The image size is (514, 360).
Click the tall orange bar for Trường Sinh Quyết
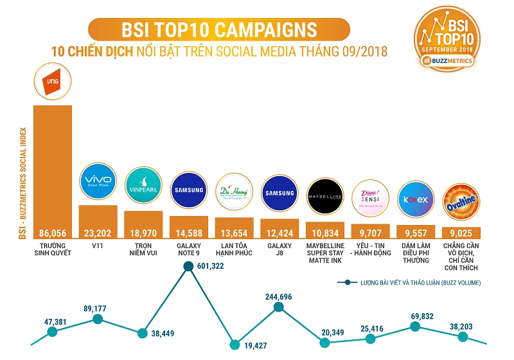[52, 167]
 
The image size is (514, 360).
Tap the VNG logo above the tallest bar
[53, 82]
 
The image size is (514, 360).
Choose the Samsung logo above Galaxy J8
[279, 194]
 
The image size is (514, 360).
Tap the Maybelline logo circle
[325, 196]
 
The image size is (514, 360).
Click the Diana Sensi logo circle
[371, 199]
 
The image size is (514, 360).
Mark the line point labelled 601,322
[189, 267]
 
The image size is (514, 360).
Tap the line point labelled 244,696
[279, 307]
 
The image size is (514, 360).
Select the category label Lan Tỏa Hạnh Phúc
[234, 249]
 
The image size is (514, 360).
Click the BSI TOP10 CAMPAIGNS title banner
[218, 30]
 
